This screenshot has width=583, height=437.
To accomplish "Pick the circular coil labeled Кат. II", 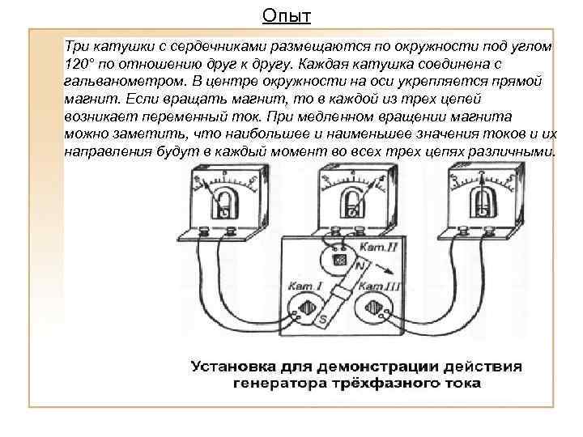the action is pos(340,261).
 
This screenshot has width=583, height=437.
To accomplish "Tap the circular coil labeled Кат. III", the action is pos(374,310).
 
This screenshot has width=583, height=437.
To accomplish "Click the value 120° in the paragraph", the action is pos(82,64).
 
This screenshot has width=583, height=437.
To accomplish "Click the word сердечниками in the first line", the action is pos(193,46).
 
